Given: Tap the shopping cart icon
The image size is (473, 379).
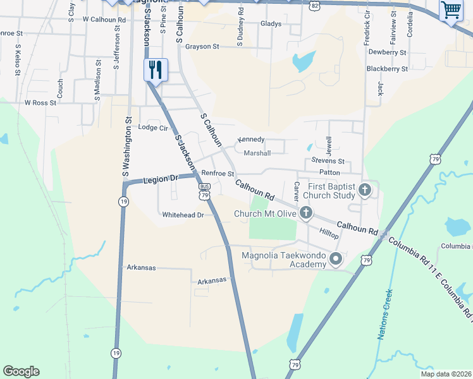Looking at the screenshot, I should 451,10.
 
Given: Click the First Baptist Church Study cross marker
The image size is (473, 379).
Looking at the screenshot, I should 364,189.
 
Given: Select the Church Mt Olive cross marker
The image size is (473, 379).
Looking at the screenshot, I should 305,213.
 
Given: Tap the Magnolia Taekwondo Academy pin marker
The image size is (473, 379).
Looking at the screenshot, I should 336,259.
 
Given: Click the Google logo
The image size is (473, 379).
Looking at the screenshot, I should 21,371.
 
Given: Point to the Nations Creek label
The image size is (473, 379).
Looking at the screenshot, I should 386,315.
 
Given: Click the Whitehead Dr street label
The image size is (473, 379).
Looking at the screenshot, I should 183,215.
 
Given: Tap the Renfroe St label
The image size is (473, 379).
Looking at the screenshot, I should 218,173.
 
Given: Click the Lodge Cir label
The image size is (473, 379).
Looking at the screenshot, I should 153,128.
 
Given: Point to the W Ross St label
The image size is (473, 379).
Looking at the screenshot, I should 40,102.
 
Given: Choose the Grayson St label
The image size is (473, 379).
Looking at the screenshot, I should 202,47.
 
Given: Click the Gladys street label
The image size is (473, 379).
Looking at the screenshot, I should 271,24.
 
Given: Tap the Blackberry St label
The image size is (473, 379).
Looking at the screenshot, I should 387,68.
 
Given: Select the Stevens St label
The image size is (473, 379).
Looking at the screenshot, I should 328,162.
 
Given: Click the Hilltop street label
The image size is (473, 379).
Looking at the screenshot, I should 329,234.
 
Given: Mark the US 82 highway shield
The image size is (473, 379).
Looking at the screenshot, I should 315,5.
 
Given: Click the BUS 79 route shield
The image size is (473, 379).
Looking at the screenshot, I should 204,191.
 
